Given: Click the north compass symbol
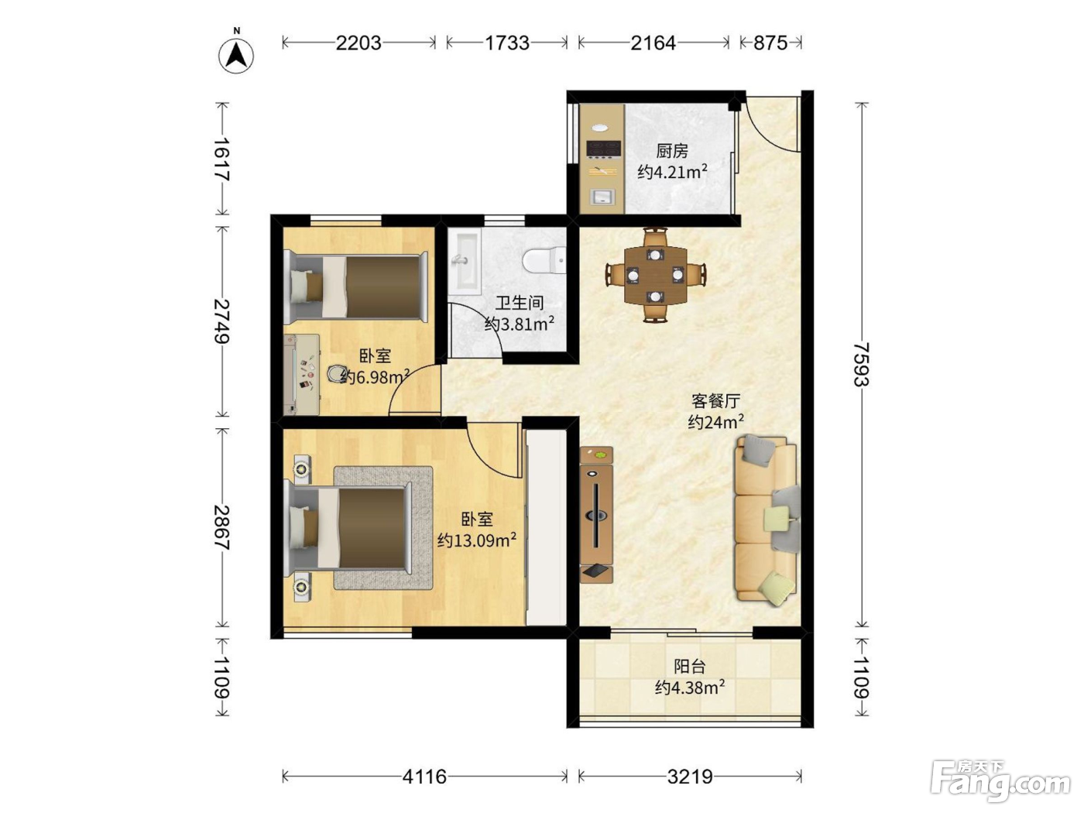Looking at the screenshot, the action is (236, 53).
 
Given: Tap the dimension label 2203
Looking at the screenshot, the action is (358, 43).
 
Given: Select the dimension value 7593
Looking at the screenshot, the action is (861, 364).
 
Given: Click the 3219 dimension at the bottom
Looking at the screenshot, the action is (690, 777).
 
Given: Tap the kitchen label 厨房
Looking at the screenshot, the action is (672, 151).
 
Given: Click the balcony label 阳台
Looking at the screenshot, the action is (690, 667).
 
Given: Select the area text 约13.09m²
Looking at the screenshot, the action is (476, 540).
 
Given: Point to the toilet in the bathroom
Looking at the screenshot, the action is (544, 260).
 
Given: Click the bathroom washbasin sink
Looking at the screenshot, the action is (465, 260).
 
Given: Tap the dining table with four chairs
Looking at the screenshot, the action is (656, 276).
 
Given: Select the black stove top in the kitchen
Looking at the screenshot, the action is (603, 148).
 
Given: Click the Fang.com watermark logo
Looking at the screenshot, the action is (1000, 782).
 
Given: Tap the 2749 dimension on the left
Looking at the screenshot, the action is (221, 321).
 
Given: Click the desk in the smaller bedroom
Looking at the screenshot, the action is (301, 375).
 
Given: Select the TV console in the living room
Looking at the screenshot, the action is (596, 516).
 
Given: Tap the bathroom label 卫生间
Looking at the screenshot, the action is (520, 302).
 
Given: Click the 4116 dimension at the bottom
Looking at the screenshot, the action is (425, 777).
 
